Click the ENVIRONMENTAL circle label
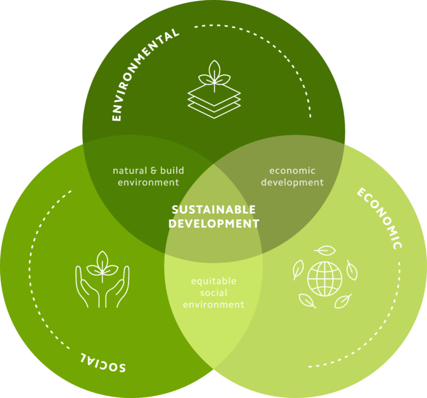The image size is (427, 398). (147, 73)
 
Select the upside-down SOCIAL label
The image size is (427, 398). (102, 362)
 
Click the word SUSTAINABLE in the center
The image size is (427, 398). (213, 210)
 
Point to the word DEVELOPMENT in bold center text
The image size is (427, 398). (213, 224)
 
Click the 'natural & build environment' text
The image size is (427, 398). (148, 176)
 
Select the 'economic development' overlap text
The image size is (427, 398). (292, 176)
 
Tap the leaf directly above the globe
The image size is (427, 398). (325, 251)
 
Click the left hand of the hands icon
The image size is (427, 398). (87, 286)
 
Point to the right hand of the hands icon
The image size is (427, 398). (119, 286)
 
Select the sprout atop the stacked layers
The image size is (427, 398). (214, 72)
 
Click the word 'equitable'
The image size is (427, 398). (213, 281)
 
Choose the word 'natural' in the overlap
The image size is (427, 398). (126, 170)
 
